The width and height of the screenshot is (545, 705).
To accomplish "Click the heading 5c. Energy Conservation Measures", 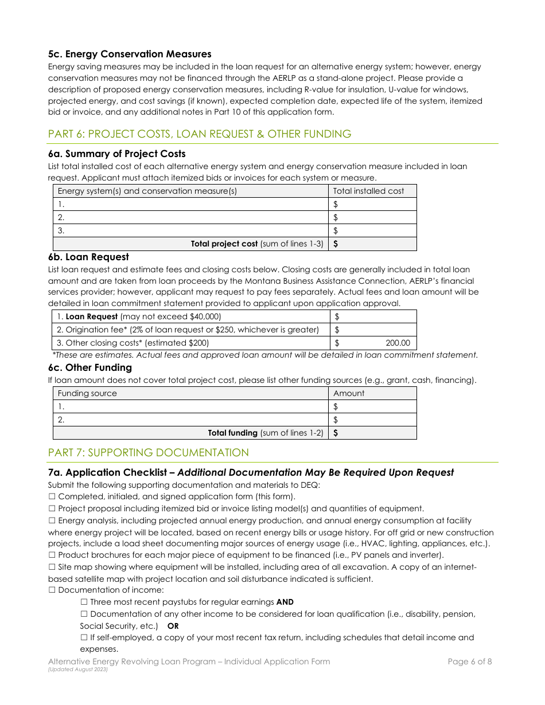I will (130, 54).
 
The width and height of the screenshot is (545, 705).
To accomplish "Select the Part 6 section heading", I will (200, 134).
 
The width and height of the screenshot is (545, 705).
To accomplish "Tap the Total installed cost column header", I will (368, 191).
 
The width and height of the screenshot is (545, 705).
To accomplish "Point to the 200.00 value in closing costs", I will (398, 343).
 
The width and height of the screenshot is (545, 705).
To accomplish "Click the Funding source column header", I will (87, 393).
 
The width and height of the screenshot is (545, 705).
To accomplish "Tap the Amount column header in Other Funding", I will (349, 393).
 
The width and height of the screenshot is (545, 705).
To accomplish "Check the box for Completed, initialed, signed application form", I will (52, 497).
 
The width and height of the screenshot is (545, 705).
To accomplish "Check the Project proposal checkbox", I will (52, 509).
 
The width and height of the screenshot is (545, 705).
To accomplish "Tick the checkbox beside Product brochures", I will (52, 555).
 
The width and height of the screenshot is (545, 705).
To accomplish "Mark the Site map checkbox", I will (52, 567).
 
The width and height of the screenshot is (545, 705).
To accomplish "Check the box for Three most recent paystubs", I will (84, 602).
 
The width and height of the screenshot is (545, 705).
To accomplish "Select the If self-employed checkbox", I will (84, 637).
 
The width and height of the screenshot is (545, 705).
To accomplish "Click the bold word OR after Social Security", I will (173, 626).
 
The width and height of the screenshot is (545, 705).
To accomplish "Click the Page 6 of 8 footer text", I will (469, 662).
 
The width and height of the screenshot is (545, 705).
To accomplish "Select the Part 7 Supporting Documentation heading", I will (149, 453).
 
